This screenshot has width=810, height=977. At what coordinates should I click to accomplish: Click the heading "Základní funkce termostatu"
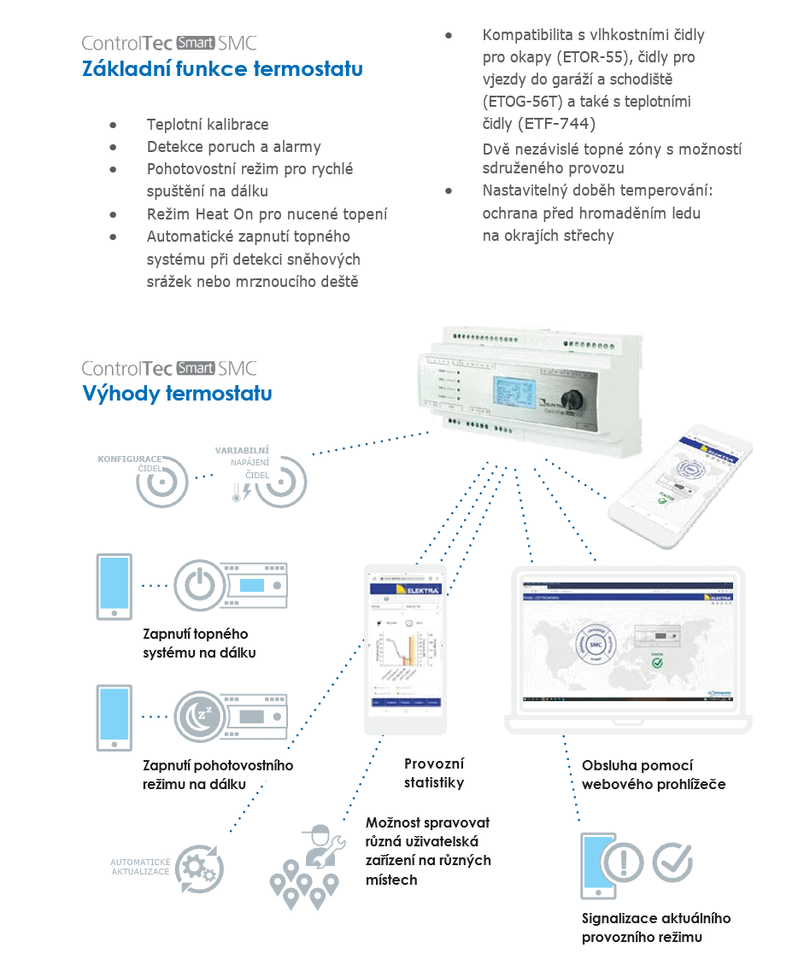[x=222, y=69]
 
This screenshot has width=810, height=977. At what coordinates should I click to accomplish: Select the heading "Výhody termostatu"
[x=177, y=394]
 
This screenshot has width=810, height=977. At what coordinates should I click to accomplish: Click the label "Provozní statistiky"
[x=434, y=772]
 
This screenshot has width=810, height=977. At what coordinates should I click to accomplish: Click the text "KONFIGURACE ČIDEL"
[x=129, y=463]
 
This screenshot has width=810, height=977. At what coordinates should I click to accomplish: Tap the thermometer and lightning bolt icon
[x=240, y=492]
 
